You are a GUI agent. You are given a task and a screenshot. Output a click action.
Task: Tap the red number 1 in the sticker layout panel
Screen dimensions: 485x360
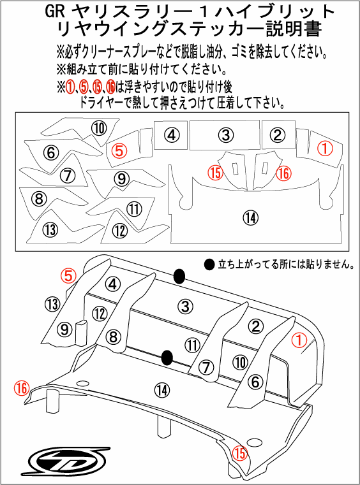coord(325,148)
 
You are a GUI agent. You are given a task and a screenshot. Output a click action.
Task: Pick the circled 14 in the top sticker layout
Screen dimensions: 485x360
coord(249,217)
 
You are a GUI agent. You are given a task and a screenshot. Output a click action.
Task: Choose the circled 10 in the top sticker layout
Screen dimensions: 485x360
coord(99,128)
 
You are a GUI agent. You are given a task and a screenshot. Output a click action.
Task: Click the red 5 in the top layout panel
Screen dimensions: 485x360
coord(119,151)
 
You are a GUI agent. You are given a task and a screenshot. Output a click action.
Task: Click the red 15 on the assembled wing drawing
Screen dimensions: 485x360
coord(240,452)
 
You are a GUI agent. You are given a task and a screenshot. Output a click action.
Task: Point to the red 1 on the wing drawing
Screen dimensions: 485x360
coord(297,340)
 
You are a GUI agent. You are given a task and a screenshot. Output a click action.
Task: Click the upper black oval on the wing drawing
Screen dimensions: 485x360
coord(180,275)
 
